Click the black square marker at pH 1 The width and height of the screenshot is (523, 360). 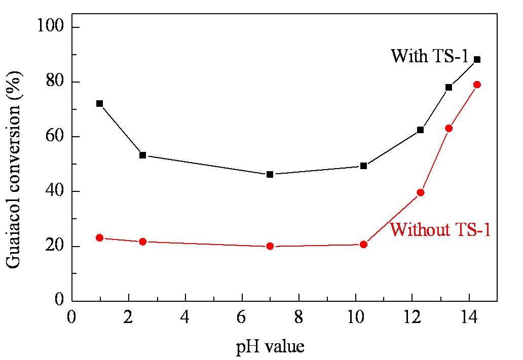click(99, 104)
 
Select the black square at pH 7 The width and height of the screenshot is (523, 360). click(270, 174)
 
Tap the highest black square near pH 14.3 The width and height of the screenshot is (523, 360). click(477, 60)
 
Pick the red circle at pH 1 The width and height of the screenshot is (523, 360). click(99, 237)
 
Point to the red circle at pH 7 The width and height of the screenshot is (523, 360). click(270, 246)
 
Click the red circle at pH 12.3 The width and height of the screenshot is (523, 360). click(420, 192)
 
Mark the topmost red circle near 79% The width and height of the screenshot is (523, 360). click(477, 85)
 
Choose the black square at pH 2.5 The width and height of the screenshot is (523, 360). click(142, 155)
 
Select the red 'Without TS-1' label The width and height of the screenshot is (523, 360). click(440, 230)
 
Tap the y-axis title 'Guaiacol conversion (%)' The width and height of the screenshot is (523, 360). click(14, 169)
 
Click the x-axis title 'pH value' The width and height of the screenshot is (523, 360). click(270, 347)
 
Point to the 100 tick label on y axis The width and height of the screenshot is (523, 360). click(50, 25)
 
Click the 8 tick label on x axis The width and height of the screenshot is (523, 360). click(298, 317)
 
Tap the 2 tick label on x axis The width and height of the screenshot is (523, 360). click(128, 317)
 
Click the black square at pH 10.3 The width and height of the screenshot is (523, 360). click(363, 166)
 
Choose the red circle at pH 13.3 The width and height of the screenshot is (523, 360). click(449, 128)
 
